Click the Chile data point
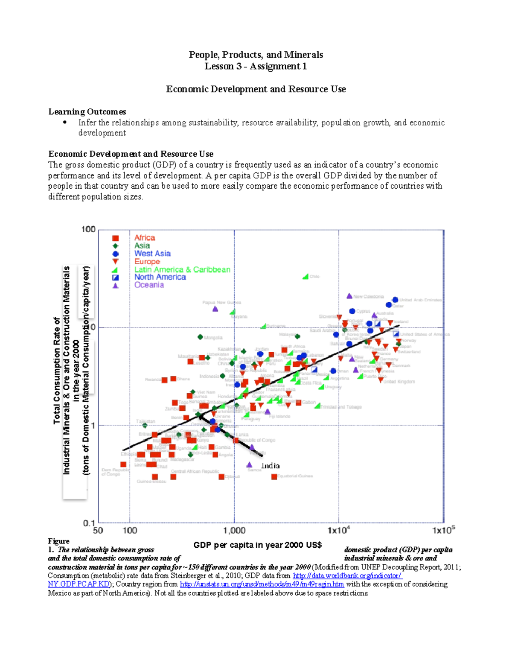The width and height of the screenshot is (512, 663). point(305,277)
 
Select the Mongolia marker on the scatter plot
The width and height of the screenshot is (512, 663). point(200,337)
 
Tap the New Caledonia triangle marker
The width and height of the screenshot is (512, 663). point(349,296)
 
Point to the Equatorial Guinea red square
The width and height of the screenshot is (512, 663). point(274,476)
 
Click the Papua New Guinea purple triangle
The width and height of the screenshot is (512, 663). point(215,309)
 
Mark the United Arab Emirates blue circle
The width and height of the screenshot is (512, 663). point(395,300)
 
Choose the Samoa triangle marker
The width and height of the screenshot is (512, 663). point(250,464)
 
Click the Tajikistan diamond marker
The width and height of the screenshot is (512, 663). point(145,425)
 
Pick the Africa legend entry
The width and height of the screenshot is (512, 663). point(145,238)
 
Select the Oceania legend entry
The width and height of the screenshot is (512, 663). point(149,285)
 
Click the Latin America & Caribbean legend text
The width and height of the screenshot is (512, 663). point(182,269)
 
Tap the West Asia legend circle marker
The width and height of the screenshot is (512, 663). point(115,254)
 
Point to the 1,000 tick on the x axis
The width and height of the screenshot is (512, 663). point(234,531)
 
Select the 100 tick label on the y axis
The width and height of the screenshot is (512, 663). point(88,230)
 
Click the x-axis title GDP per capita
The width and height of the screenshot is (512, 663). point(257,545)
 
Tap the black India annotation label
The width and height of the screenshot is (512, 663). point(271,466)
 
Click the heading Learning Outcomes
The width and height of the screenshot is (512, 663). point(87,112)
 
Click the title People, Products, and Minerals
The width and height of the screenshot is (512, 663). point(256,55)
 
